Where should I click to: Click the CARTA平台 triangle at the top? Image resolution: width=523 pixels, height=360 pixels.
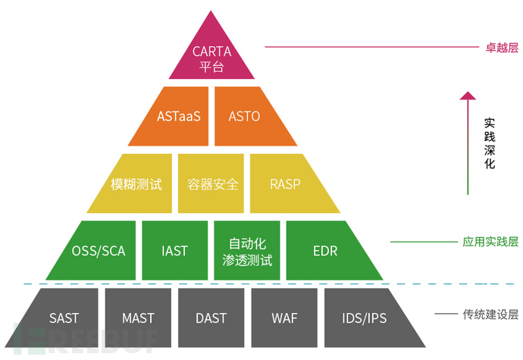coord(211,56)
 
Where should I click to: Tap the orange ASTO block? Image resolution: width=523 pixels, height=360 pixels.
coord(244,116)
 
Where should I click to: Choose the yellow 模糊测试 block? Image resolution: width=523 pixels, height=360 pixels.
coord(136,183)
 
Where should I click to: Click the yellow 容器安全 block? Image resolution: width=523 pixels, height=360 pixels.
coord(211,183)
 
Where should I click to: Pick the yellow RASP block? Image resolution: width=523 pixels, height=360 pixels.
coord(286,183)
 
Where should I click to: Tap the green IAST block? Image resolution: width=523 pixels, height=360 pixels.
coord(174,250)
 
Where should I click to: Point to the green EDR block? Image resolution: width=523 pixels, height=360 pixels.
coord(324,250)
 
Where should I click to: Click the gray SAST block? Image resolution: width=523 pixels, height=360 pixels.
coord(64,317)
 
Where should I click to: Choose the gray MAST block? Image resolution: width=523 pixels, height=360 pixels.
coord(138,317)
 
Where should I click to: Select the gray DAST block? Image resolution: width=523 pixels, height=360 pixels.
coord(211,317)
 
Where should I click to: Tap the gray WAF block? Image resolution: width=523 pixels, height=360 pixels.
coord(284,317)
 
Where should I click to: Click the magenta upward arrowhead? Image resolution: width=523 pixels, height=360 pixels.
coord(468,97)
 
